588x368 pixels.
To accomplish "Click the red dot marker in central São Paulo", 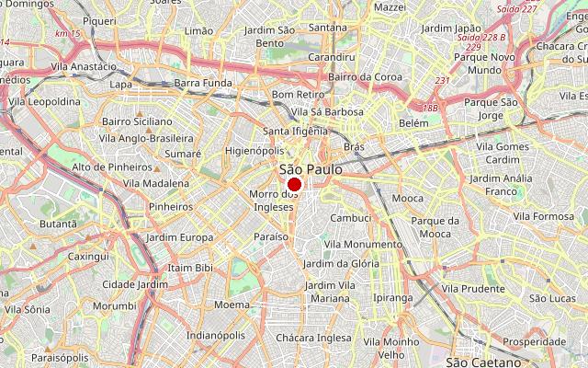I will click(x=295, y=185).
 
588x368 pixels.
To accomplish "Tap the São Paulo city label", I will click(x=311, y=169).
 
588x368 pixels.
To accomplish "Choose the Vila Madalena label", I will click(x=156, y=183).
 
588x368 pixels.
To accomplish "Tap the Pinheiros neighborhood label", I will click(x=171, y=207).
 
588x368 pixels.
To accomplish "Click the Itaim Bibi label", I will click(x=190, y=268).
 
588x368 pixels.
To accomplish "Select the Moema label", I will click(x=231, y=304).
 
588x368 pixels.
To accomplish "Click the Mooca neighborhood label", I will click(x=408, y=198).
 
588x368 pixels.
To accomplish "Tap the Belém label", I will click(x=413, y=122).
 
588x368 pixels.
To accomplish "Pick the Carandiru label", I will click(x=333, y=57).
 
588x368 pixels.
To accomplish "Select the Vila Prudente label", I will click(x=473, y=288).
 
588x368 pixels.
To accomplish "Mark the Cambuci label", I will click(x=350, y=218).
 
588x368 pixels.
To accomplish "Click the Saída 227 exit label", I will click(x=516, y=8).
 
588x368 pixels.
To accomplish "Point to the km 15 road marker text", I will click(x=67, y=33).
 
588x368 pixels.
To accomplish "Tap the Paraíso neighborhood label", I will click(x=271, y=236).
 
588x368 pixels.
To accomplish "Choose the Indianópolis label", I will click(x=216, y=336).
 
